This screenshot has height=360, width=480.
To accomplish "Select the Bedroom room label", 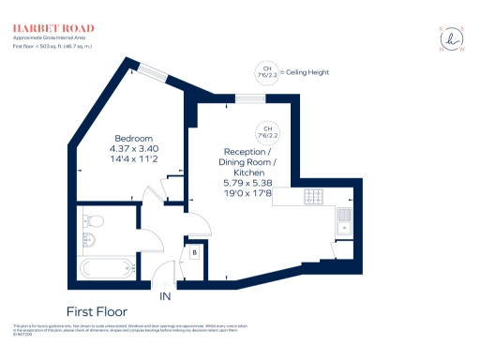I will pos(132,137).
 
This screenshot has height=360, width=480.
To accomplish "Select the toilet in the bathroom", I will pos(93,222).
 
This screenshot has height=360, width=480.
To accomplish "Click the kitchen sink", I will pos(344,221).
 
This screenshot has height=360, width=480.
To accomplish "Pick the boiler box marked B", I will pos(195,251).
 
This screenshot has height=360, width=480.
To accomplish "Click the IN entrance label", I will pos(165,296).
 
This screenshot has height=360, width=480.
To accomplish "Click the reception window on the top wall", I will pos(250,97).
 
